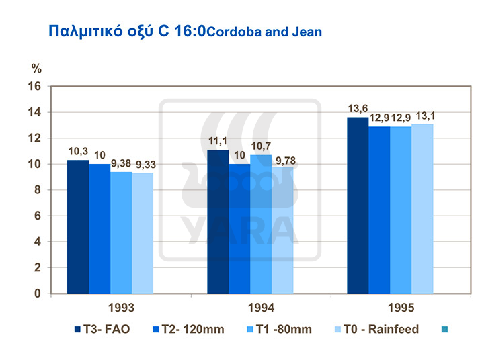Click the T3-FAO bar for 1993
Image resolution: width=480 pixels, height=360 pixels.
point(78,227)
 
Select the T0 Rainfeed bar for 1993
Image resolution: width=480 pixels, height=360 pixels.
point(143,233)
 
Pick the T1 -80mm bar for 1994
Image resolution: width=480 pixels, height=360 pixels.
point(261,224)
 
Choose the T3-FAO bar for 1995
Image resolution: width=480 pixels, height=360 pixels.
point(358,206)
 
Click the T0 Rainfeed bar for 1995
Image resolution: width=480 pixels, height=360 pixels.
point(422,209)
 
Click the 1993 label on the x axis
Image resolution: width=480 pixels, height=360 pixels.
point(110,308)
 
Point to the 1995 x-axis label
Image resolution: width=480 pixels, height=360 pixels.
point(390,308)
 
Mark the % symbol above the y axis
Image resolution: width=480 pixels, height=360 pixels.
point(37,68)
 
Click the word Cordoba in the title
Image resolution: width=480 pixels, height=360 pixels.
point(233,32)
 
